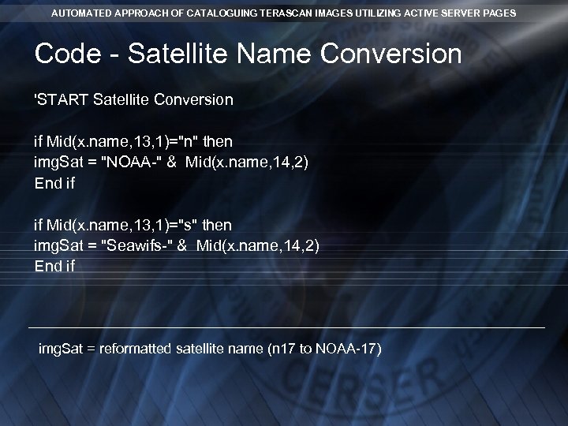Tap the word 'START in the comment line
tap(62, 100)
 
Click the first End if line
tap(54, 183)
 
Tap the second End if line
tap(54, 267)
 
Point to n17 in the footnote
tap(280, 349)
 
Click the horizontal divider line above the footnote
tap(286, 327)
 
